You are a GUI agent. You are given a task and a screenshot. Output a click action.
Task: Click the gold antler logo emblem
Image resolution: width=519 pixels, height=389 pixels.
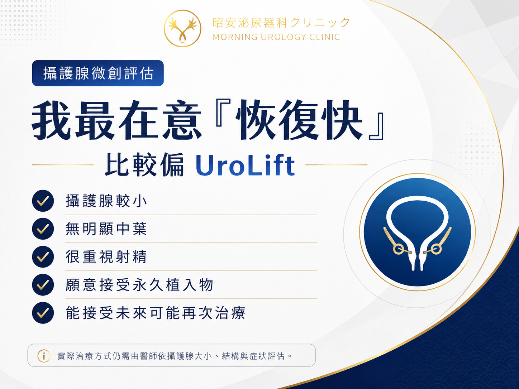182,28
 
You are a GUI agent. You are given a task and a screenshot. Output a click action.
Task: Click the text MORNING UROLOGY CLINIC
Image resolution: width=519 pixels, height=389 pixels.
276,37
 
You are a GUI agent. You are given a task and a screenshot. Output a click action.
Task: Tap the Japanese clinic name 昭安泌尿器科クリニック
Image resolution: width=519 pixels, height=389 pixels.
281,23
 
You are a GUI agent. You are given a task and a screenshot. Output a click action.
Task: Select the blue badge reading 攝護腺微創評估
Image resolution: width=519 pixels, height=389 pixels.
98,73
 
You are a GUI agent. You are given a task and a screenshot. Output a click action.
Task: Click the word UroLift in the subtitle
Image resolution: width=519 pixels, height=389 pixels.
245,165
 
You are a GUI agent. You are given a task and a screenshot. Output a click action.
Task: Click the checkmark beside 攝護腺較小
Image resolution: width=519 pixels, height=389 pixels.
43,201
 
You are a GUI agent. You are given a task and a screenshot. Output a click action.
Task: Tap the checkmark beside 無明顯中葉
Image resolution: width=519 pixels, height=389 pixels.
43,229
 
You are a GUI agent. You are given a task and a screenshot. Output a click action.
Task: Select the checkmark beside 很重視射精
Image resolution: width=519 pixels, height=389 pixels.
43,256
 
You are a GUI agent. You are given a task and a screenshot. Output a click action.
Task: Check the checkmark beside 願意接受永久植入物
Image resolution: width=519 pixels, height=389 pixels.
43,285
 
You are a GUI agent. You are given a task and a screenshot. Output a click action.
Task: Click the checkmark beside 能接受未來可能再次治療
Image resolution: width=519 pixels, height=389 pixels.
43,313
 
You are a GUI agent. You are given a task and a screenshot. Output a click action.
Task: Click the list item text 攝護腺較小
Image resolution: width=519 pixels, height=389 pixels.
106,201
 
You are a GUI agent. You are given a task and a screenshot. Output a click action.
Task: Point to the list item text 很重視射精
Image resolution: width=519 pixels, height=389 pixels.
106,257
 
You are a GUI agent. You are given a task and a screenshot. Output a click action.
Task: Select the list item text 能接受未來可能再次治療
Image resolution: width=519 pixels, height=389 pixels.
156,313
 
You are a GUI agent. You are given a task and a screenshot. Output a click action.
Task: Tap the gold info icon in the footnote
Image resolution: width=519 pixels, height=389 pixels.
44,356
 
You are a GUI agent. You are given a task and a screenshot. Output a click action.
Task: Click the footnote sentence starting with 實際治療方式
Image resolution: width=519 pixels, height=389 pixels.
175,356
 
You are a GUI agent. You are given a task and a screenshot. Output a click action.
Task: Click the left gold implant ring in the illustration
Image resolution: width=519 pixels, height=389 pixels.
399,249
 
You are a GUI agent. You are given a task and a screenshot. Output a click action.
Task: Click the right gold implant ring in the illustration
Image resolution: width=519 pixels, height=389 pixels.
436,249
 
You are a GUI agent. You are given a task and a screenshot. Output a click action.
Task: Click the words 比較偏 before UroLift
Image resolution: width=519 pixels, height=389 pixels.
144,165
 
